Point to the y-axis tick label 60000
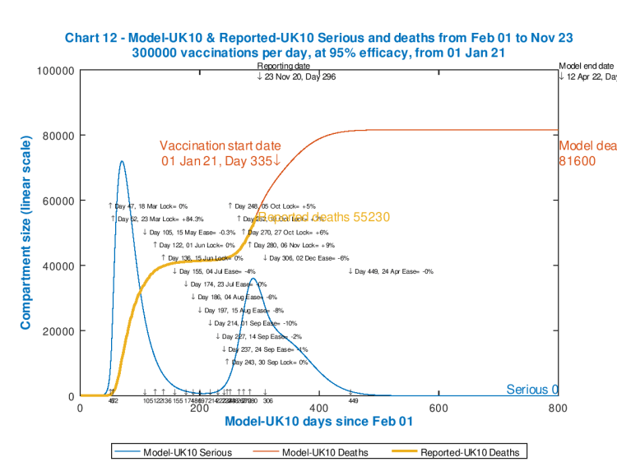(x=58, y=201)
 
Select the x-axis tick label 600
(x=438, y=408)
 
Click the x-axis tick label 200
(x=199, y=408)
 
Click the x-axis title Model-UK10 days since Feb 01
(x=318, y=422)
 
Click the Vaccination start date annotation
(x=220, y=152)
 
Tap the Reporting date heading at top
(x=284, y=66)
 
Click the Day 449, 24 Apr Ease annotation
(x=392, y=271)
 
